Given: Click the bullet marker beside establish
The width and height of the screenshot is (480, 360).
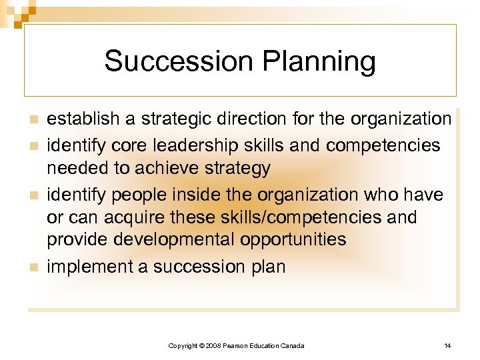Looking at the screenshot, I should click(33, 120).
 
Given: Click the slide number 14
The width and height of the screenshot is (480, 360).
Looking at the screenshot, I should click(447, 345).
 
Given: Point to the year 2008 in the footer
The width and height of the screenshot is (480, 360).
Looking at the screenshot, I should click(213, 345).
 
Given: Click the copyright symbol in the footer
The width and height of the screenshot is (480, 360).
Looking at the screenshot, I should click(201, 345).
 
